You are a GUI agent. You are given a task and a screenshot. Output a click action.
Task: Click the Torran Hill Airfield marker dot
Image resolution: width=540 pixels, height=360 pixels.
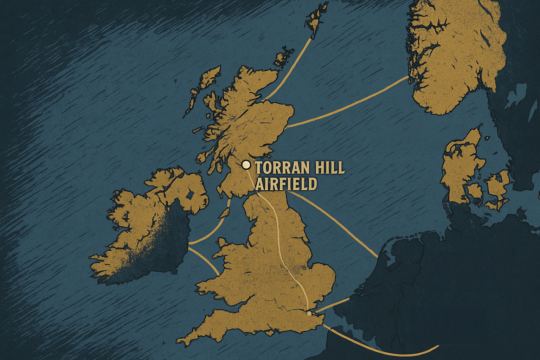[x=246, y=165]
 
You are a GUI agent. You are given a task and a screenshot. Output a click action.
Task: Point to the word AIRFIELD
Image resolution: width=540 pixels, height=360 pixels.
[x=286, y=184]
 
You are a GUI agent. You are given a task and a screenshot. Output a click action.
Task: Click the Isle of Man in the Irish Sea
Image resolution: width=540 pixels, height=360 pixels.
[x=224, y=212]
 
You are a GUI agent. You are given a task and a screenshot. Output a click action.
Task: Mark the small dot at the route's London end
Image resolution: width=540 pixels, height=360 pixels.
[x=309, y=313]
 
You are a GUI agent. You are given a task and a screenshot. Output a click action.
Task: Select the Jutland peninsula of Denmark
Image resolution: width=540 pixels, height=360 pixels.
[x=457, y=169]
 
